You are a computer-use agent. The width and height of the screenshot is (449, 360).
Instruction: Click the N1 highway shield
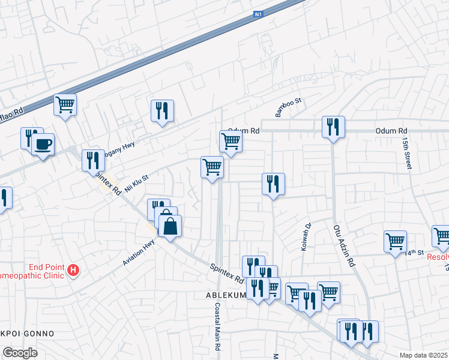coord(259,13)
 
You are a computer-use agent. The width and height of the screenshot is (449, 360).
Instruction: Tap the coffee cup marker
coord(43,145)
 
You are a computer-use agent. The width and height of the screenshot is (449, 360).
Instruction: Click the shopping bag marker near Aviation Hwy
coord(170,226)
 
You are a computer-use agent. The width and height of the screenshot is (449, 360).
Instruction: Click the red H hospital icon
coord(73,271)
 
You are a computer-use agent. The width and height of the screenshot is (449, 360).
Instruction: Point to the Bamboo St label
coord(288,108)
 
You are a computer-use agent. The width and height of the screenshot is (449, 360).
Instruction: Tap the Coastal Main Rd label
coord(217,327)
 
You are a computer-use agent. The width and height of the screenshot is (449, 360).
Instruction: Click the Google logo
coord(19,353)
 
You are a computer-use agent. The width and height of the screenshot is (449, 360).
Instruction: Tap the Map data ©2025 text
coord(424,355)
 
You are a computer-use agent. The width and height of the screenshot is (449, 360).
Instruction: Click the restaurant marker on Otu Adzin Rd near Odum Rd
coord(333,127)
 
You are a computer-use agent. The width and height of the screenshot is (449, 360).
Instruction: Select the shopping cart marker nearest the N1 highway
coord(65,104)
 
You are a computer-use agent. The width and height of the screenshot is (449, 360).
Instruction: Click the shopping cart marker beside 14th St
coord(395,241)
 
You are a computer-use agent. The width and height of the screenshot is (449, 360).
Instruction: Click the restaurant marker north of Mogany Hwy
coord(162,111)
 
